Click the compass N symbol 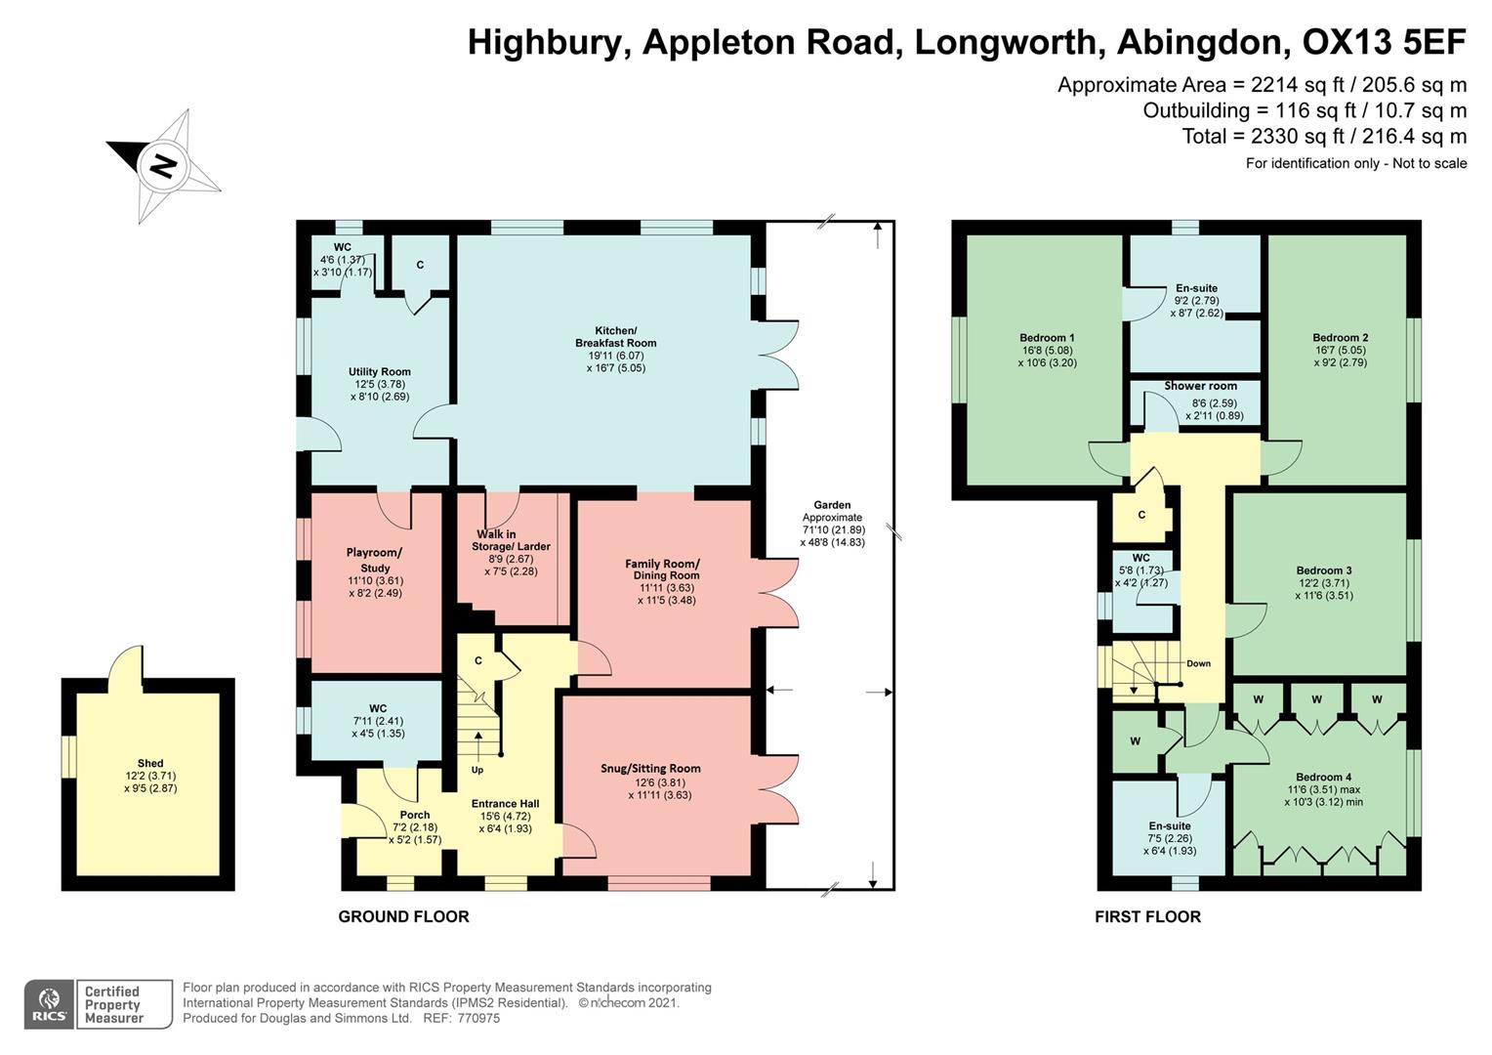(162, 166)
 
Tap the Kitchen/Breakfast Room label (615, 337)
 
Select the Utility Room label (379, 372)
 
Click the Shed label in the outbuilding (150, 764)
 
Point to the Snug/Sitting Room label (650, 769)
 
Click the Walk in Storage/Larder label (513, 540)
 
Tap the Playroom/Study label (375, 560)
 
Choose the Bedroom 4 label (1323, 778)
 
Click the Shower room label (1200, 386)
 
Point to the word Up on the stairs (477, 770)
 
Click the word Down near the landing (1198, 663)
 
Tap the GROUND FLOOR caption (403, 916)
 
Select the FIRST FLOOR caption (1147, 916)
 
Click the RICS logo (48, 1004)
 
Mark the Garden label (832, 505)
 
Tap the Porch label (415, 815)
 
